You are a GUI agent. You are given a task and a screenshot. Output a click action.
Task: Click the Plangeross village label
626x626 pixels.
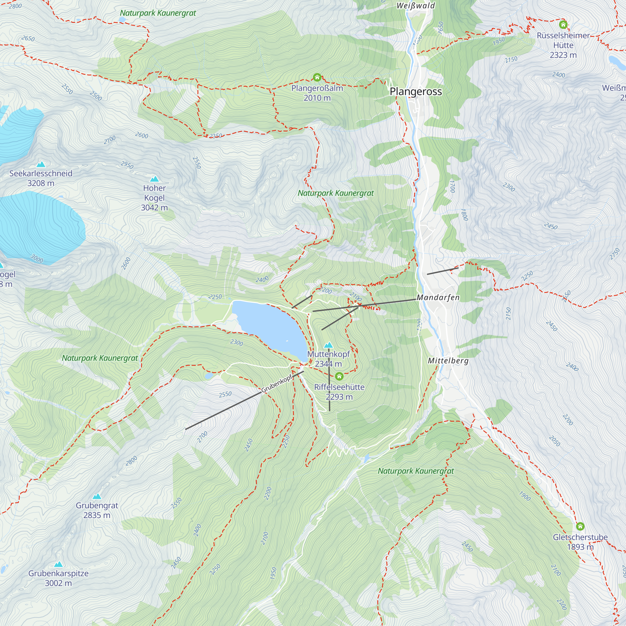pos(416,91)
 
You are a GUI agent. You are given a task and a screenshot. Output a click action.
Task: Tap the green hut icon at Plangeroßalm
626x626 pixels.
pos(317,77)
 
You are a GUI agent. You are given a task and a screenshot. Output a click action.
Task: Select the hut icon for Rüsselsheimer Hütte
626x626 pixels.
pos(563,24)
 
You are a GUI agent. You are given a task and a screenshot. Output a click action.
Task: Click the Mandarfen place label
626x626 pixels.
pos(438,297)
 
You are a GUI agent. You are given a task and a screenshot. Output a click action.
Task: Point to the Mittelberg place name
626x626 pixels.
pos(448,361)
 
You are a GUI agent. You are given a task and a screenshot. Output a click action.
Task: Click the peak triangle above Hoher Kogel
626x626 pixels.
pos(155,179)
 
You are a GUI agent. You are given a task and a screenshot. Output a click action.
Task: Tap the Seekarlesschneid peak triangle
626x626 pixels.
pos(41,164)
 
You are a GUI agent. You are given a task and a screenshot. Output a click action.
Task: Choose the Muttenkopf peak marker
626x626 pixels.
pos(329,345)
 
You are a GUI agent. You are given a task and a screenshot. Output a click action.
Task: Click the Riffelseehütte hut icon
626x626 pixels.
pos(339,376)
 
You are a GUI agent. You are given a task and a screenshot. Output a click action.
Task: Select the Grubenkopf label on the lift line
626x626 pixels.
pos(276,384)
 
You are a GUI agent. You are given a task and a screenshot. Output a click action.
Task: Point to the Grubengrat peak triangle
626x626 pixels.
pos(97,496)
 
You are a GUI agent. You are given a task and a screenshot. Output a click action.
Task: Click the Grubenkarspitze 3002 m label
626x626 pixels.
pos(58,578)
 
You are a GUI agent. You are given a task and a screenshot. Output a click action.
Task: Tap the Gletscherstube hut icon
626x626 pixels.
pos(580,526)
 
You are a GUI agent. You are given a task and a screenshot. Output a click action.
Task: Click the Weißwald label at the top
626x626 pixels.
pos(416,6)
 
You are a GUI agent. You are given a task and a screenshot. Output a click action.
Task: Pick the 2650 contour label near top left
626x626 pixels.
pos(28,38)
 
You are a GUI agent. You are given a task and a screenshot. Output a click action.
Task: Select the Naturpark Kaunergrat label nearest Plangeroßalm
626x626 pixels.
pos(336,193)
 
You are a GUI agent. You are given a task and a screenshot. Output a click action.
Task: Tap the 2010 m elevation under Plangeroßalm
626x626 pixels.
pos(317,98)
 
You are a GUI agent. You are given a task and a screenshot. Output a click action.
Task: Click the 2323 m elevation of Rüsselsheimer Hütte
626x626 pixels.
pos(563,55)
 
